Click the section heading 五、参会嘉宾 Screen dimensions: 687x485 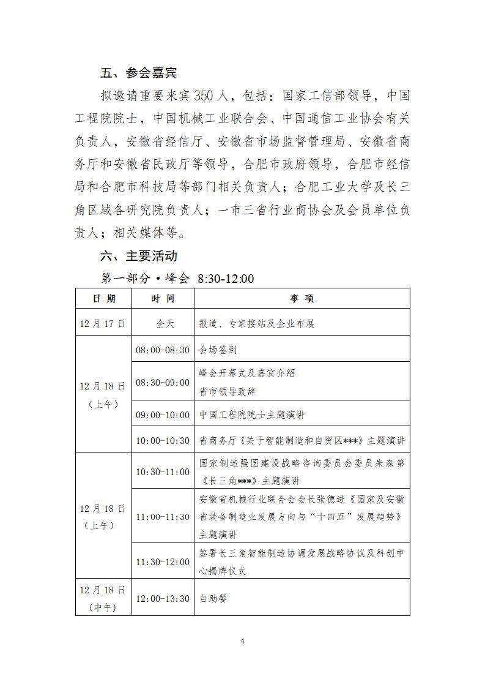(139, 73)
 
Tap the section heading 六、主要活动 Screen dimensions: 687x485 (139, 255)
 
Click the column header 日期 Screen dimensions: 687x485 (103, 298)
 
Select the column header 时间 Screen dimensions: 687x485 (163, 298)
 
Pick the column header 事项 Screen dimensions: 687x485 (302, 298)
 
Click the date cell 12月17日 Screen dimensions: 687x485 (103, 323)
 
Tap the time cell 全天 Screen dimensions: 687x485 (163, 323)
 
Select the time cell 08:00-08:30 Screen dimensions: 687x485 (163, 350)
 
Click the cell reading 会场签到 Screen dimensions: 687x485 (218, 350)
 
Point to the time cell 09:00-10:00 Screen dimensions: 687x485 (163, 415)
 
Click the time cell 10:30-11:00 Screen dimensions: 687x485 (163, 472)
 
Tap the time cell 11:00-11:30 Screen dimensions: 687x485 (163, 517)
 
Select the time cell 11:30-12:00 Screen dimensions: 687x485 (163, 561)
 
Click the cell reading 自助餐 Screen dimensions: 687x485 (213, 598)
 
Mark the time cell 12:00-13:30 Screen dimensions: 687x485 (163, 598)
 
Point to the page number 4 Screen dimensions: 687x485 (243, 641)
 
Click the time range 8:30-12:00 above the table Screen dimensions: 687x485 (226, 279)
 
